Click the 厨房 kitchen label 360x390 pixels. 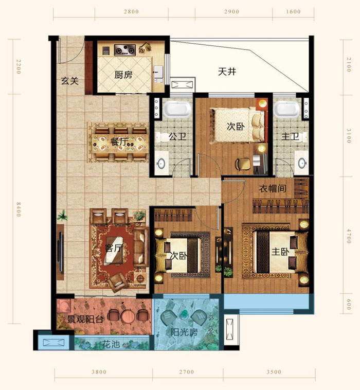[x=123, y=75]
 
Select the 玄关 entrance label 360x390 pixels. [x=69, y=81]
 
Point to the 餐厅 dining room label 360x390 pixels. [x=119, y=142]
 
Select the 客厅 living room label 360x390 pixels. [x=114, y=248]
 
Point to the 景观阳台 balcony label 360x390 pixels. [x=85, y=319]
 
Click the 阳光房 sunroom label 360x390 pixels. [x=185, y=332]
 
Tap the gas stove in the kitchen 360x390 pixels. [x=124, y=50]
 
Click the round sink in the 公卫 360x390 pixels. [x=161, y=164]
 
